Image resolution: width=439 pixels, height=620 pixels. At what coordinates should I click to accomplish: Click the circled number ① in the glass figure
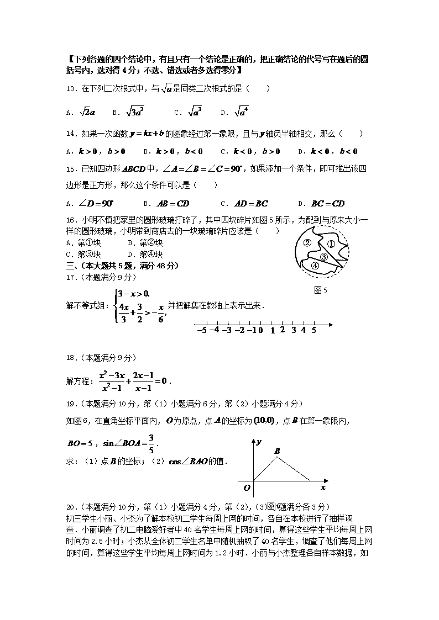331,244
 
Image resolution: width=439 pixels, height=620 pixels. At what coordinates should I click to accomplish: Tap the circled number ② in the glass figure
308,242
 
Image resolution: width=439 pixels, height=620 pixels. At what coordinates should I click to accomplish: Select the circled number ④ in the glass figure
315,266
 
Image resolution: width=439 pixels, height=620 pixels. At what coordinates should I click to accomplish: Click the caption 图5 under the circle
321,291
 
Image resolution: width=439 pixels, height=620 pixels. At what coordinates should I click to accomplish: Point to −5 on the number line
201,330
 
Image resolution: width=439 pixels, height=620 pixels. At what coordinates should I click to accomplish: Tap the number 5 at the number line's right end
313,330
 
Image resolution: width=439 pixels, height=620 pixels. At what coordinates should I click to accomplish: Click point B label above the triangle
278,451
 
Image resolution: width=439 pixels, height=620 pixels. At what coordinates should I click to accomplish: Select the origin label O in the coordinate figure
247,487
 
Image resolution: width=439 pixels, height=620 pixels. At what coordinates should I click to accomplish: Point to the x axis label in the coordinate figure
323,487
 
